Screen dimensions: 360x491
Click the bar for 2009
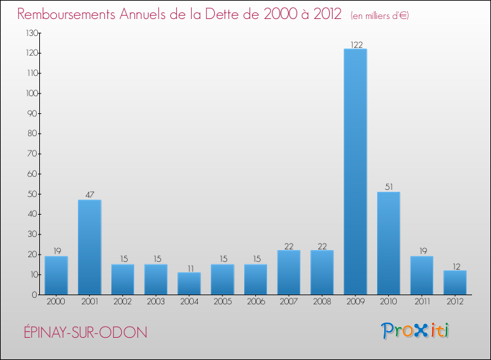click(x=355, y=171)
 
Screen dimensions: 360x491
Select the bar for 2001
click(x=89, y=247)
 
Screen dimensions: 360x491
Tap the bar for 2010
click(x=388, y=243)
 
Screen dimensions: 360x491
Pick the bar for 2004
click(x=189, y=283)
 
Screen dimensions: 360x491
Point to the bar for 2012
click(x=455, y=282)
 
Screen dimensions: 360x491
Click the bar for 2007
click(x=289, y=272)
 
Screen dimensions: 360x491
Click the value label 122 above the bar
click(x=355, y=44)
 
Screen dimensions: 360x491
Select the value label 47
click(x=89, y=195)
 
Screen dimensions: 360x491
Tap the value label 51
click(x=388, y=187)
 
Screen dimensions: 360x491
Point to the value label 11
click(x=189, y=268)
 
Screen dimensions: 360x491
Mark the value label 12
click(x=455, y=266)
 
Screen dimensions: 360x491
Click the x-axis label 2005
click(x=223, y=302)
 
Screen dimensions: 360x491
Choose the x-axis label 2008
click(x=322, y=302)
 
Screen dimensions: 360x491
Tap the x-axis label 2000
click(x=56, y=302)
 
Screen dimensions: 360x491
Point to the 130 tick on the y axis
click(x=31, y=33)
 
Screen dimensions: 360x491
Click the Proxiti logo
click(x=416, y=331)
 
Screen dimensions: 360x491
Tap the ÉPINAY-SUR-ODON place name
click(x=82, y=333)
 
